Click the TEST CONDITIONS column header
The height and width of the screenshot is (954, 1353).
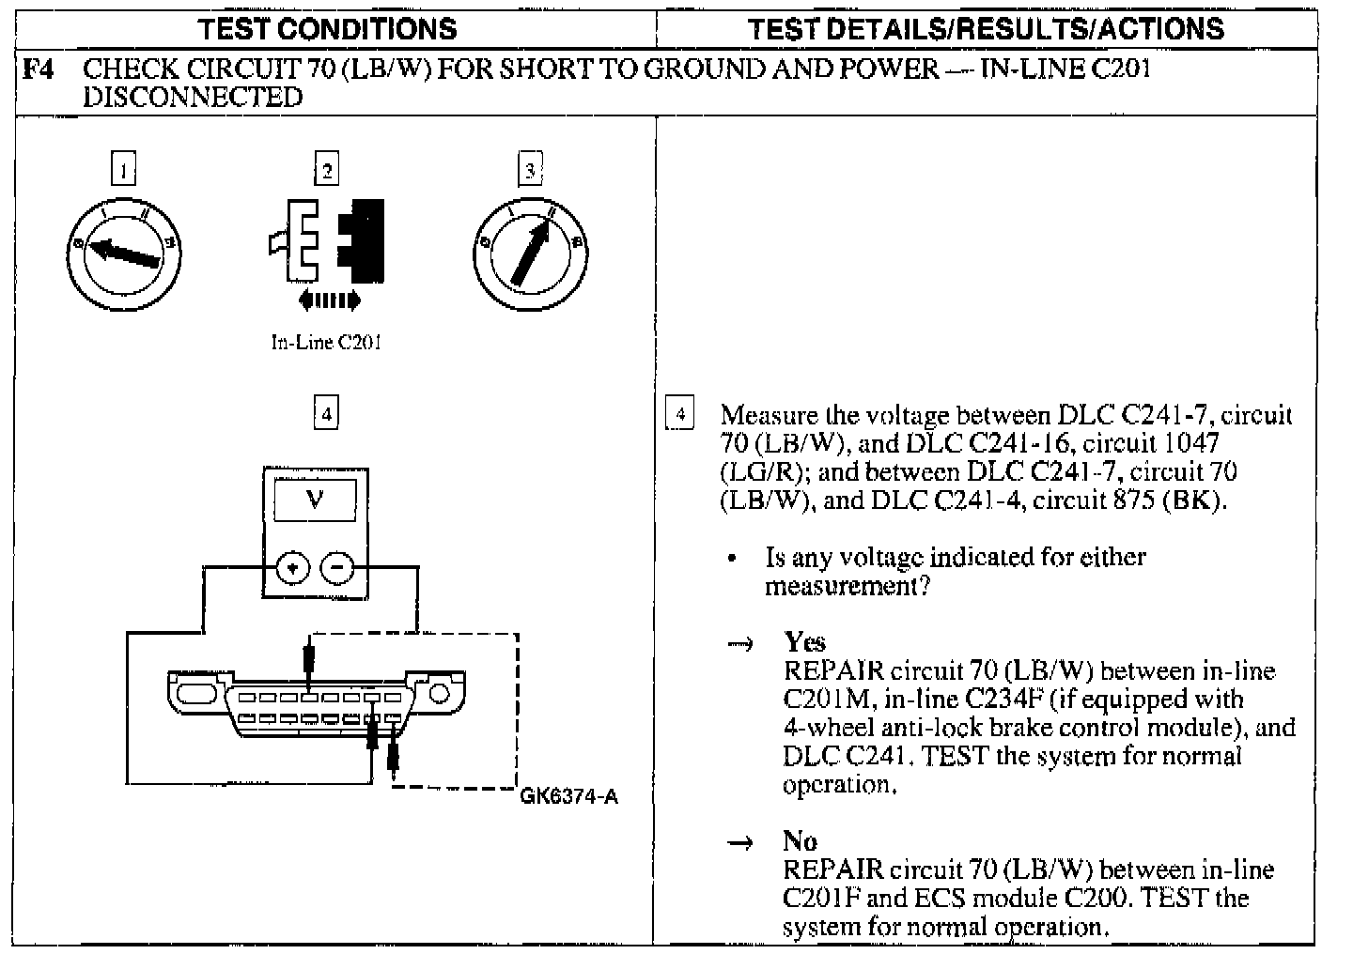point(328,28)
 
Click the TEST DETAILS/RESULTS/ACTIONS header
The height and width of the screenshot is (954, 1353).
point(987,28)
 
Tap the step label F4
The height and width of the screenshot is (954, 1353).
point(39,69)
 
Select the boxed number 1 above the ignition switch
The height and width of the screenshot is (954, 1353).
point(123,170)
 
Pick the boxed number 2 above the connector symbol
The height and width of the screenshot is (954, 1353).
point(326,170)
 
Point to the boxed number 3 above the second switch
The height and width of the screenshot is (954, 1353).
point(531,170)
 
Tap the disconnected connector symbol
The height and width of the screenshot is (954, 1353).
point(325,240)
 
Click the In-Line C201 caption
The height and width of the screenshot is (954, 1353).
point(326,343)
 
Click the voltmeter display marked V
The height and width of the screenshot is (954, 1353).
point(315,500)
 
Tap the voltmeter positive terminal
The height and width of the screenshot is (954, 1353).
point(293,568)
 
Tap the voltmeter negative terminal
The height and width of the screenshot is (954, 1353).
point(337,568)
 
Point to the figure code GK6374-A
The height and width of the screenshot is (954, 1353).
point(569,798)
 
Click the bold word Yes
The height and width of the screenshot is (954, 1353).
point(805,642)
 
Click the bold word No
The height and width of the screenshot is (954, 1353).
point(800,841)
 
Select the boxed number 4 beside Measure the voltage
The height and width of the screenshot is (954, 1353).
point(679,414)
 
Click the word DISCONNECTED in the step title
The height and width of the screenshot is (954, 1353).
point(193,97)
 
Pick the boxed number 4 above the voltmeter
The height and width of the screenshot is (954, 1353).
point(325,413)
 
